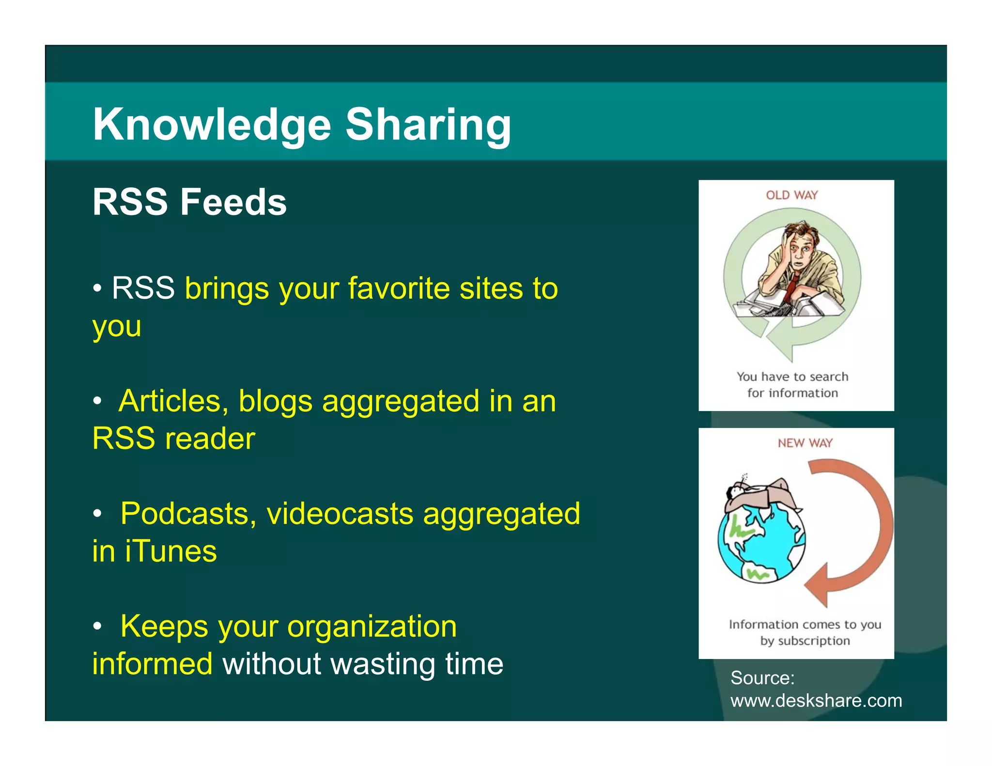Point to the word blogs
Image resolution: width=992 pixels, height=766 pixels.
click(276, 401)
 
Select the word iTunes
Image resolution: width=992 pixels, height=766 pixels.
click(171, 552)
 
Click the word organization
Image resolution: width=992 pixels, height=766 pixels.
click(372, 627)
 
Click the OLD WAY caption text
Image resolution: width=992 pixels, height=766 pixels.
click(791, 195)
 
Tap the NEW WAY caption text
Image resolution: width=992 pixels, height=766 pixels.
click(805, 443)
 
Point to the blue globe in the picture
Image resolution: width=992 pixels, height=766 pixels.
click(761, 542)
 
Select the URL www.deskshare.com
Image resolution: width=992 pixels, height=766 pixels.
click(816, 701)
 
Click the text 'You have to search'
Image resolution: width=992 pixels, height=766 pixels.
click(792, 377)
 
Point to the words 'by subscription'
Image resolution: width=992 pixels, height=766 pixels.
click(805, 641)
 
